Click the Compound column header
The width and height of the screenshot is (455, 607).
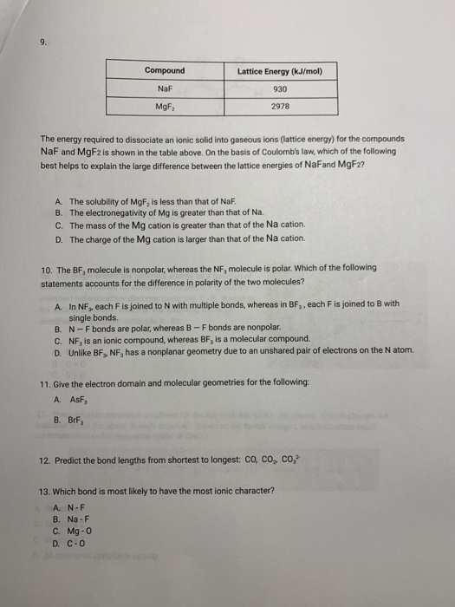coord(164,70)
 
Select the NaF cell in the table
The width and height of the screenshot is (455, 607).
coord(164,89)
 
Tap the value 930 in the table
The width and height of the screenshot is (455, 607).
coord(279,89)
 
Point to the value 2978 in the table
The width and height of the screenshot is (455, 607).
coord(279,108)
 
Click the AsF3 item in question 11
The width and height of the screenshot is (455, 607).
coord(79,400)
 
